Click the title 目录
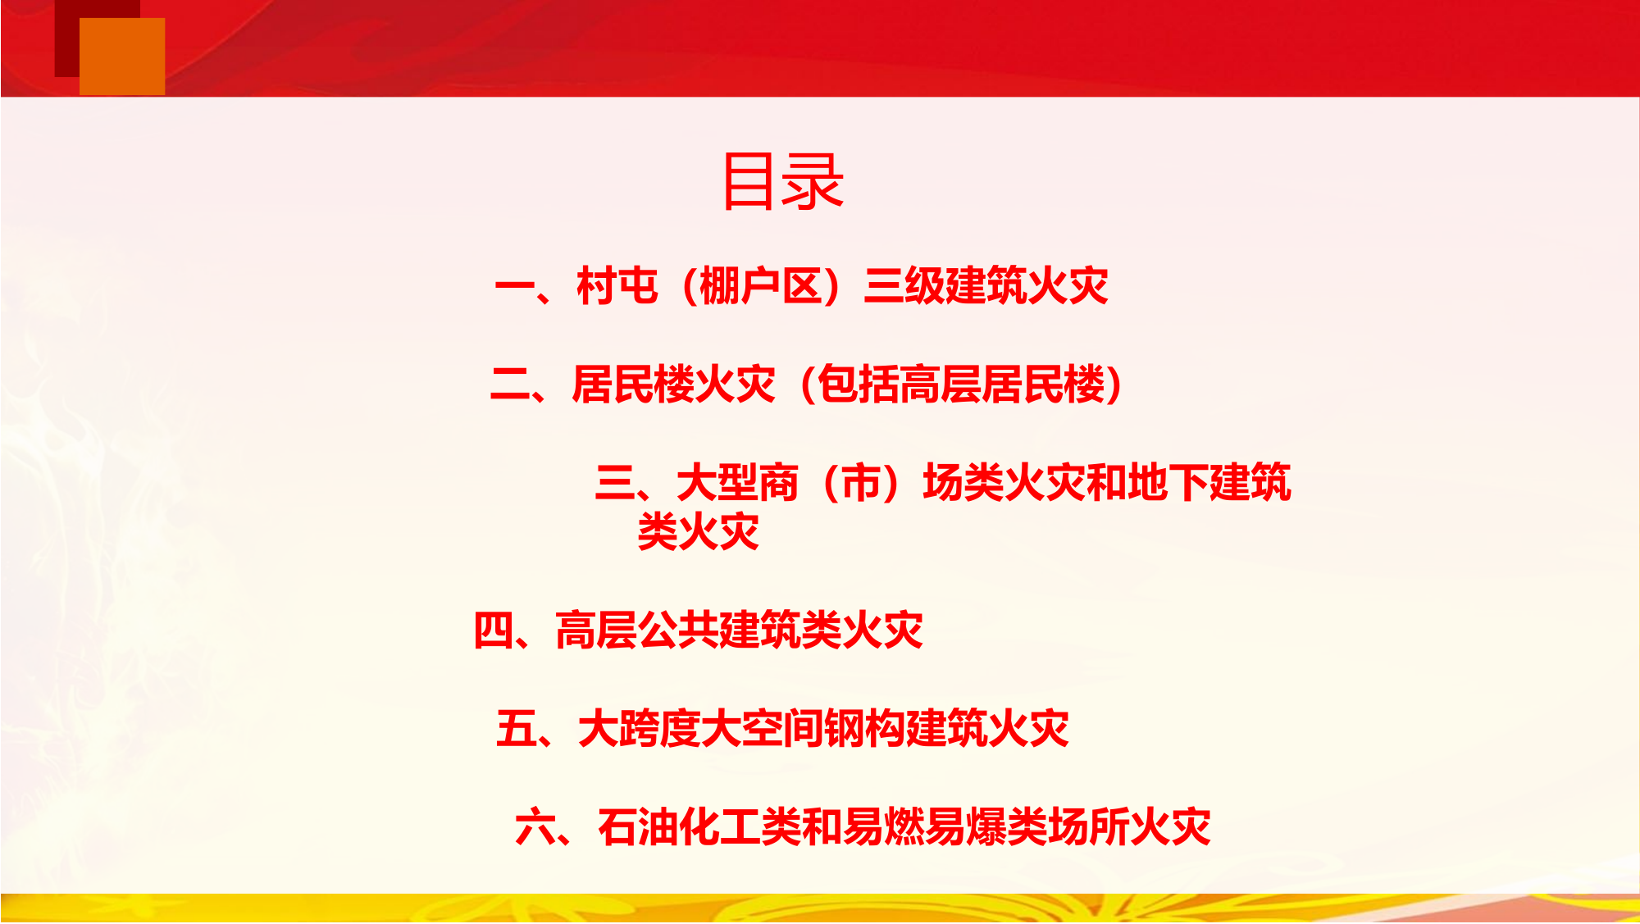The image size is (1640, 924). pyautogui.click(x=782, y=181)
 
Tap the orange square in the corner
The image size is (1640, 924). pyautogui.click(x=122, y=56)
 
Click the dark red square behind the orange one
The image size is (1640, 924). pyautogui.click(x=66, y=41)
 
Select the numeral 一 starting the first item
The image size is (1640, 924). pyautogui.click(x=515, y=287)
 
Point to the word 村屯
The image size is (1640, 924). pyautogui.click(x=617, y=287)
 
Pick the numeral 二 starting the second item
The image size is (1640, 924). pyautogui.click(x=510, y=385)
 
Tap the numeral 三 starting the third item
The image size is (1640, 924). pyautogui.click(x=615, y=483)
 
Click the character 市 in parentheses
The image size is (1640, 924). pyautogui.click(x=860, y=483)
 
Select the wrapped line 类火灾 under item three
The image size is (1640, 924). pyautogui.click(x=699, y=532)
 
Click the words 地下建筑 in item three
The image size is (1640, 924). pyautogui.click(x=1209, y=483)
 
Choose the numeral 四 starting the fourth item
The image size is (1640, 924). pyautogui.click(x=494, y=630)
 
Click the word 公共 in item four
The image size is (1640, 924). pyautogui.click(x=678, y=630)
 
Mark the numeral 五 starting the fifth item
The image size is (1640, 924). pyautogui.click(x=516, y=729)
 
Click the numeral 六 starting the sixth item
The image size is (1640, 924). pyautogui.click(x=535, y=827)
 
